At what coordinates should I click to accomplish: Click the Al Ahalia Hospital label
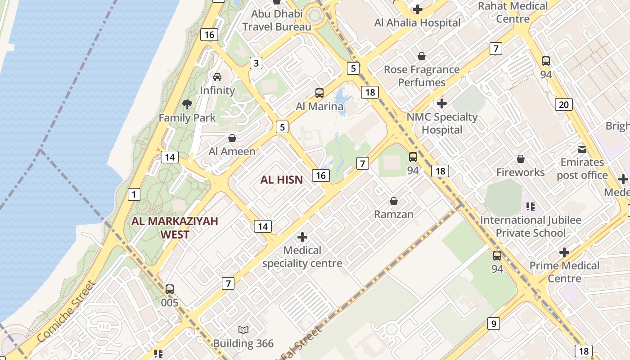pos(417,22)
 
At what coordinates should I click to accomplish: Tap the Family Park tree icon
pos(187,105)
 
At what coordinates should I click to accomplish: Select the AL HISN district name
pos(281,180)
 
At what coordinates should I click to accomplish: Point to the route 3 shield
pos(256,63)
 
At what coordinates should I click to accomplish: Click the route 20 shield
pos(563,105)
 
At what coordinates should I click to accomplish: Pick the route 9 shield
pos(494,323)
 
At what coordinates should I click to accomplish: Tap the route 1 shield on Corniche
pos(134,194)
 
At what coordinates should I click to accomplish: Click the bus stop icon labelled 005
pos(170,289)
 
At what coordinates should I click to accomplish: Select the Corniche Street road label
pos(67,311)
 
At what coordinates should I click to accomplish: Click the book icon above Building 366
pos(243,330)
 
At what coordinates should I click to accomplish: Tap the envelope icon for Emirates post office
pos(582,149)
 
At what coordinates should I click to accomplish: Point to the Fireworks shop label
pos(520,172)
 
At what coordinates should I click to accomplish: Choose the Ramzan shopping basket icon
pos(394,201)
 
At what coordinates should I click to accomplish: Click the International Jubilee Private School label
pos(531,226)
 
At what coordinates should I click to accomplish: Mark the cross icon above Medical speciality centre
pos(302,237)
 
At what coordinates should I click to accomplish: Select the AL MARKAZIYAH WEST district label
pos(175,228)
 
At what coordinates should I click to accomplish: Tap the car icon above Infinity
pos(217,77)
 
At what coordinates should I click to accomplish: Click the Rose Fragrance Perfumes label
pos(422,76)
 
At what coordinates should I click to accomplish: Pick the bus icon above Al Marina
pos(319,93)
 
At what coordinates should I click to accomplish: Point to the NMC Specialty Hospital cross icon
pos(442,103)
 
